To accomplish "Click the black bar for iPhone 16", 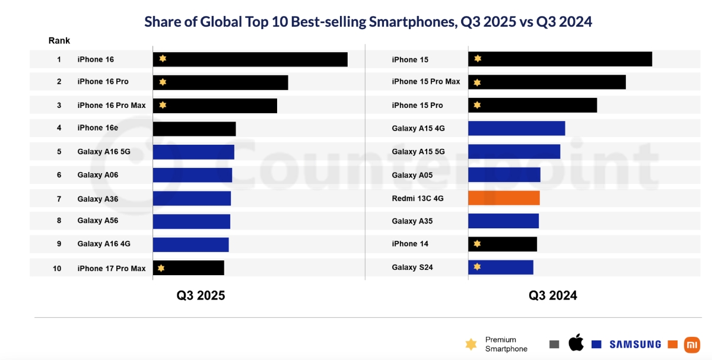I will pyautogui.click(x=250, y=59).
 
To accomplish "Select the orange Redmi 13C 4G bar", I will pyautogui.click(x=504, y=197).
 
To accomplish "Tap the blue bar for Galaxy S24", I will pyautogui.click(x=501, y=267).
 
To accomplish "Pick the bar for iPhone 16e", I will pyautogui.click(x=194, y=129).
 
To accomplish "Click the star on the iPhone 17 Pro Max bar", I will pyautogui.click(x=161, y=268).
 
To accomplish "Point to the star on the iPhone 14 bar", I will pyautogui.click(x=477, y=244).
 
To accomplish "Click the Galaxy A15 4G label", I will pyautogui.click(x=418, y=128).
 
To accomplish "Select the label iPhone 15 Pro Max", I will pyautogui.click(x=425, y=82).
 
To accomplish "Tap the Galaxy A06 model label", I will pyautogui.click(x=97, y=175).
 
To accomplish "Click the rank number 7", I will pyautogui.click(x=59, y=199).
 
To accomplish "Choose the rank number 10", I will pyautogui.click(x=57, y=269).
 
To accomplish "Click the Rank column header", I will pyautogui.click(x=59, y=41).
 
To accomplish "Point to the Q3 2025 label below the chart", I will pyautogui.click(x=201, y=295).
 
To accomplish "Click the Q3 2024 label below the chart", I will pyautogui.click(x=552, y=295).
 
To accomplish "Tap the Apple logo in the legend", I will pyautogui.click(x=576, y=343).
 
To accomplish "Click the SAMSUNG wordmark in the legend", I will pyautogui.click(x=635, y=344).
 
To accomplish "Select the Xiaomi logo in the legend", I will pyautogui.click(x=691, y=344).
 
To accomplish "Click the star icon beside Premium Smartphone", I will pyautogui.click(x=471, y=345).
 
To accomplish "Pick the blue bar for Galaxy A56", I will pyautogui.click(x=191, y=221).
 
